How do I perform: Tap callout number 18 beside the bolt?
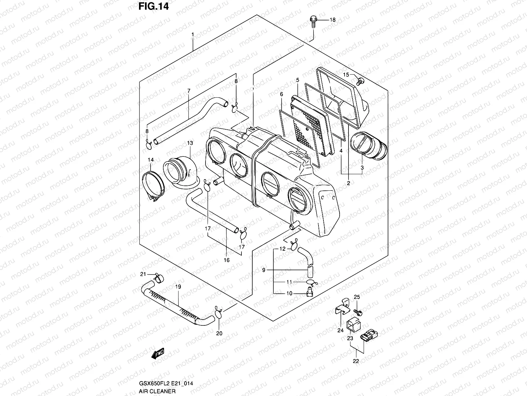[333, 20]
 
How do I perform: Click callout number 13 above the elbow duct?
[190, 143]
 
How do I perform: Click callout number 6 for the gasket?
[282, 94]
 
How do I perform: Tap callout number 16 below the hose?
[227, 260]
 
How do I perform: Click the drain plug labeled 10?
[310, 292]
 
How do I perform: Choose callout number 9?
[263, 270]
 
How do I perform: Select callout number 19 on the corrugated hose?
[178, 287]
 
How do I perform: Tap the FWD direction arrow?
[158, 355]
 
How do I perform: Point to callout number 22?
[356, 361]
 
